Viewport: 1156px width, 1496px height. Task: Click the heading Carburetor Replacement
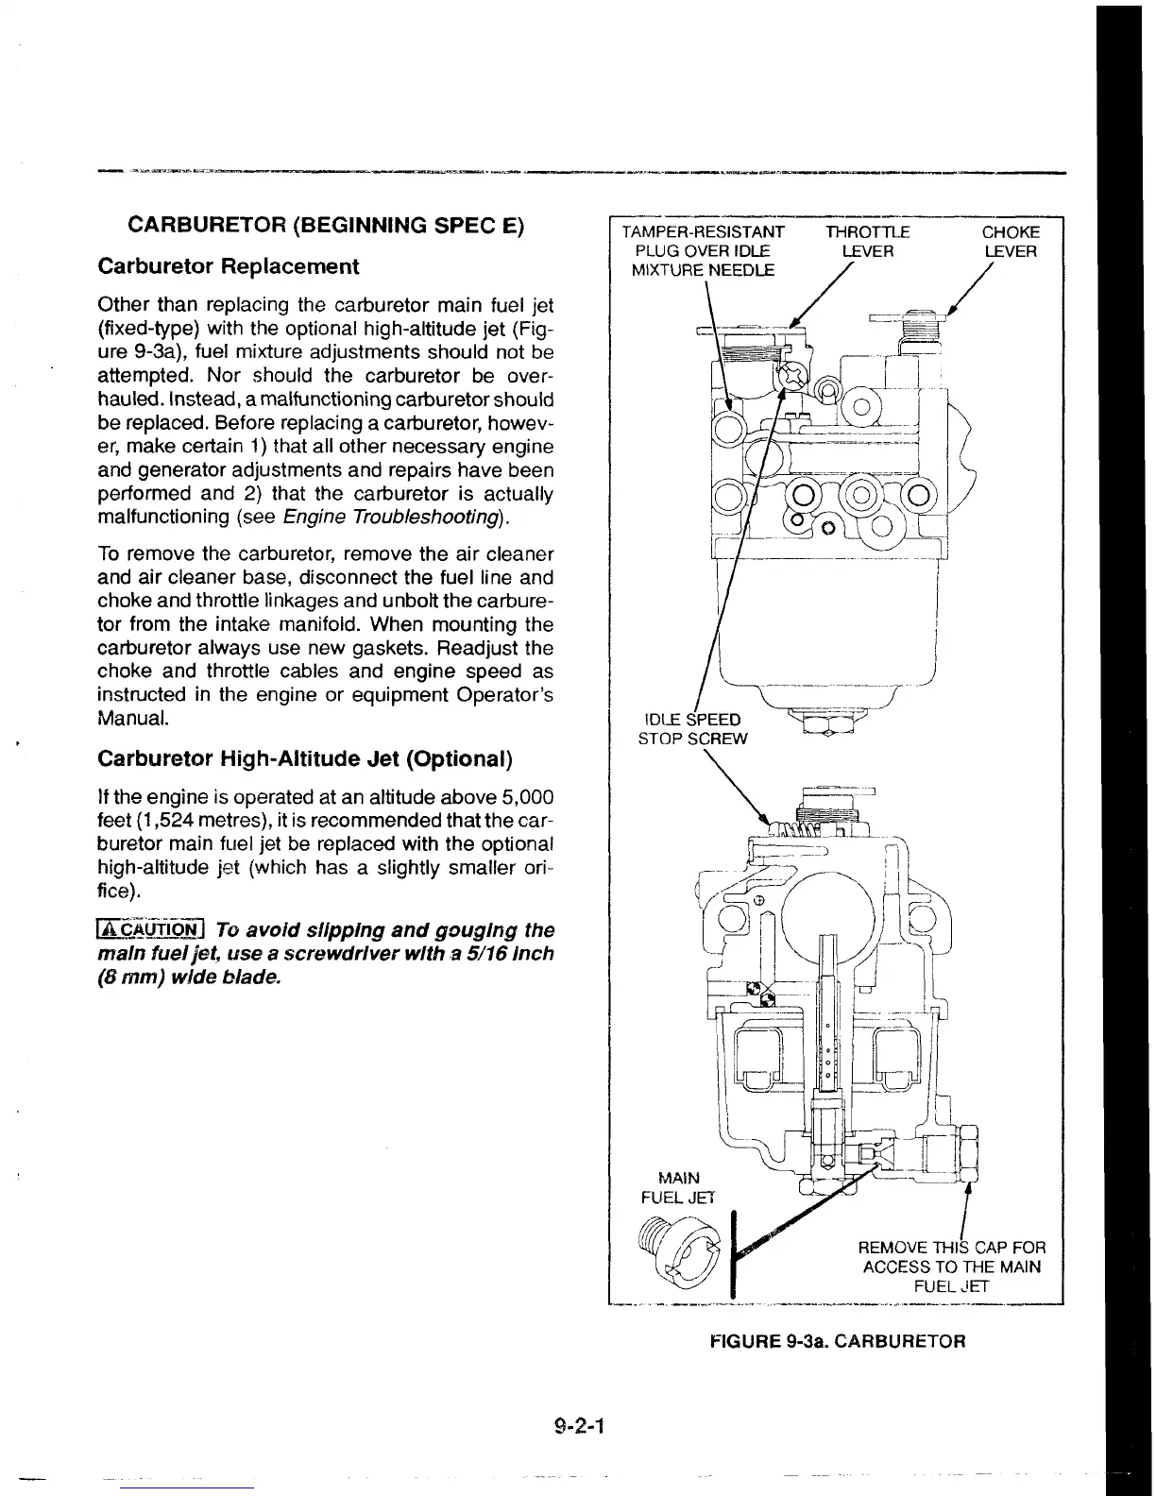point(228,266)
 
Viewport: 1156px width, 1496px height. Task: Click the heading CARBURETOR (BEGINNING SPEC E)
point(326,227)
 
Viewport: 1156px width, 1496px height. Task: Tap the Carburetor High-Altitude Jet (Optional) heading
point(305,759)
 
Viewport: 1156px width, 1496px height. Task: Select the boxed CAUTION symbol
point(151,930)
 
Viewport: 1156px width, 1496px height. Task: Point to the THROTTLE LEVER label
point(867,242)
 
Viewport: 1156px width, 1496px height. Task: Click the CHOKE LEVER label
point(1010,242)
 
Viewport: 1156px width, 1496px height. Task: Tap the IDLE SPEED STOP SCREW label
point(693,728)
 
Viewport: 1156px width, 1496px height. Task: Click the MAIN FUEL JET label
point(678,1187)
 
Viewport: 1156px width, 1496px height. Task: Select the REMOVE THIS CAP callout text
point(951,1266)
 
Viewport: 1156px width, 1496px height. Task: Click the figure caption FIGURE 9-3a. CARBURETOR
point(837,1341)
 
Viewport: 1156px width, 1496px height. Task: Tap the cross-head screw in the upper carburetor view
point(790,375)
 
